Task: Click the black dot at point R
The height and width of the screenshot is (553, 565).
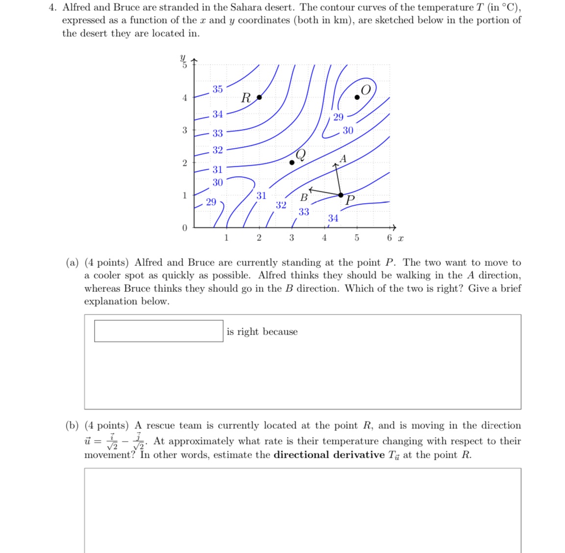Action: coord(259,97)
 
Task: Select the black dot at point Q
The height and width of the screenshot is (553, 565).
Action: coord(292,162)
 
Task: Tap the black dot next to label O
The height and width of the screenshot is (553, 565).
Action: coord(357,97)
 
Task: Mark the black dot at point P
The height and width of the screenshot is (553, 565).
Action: coord(341,195)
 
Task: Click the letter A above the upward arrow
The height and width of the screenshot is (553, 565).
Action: coord(343,158)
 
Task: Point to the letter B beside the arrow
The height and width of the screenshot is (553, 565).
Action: coord(304,198)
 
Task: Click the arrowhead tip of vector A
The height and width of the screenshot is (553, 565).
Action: coord(335,164)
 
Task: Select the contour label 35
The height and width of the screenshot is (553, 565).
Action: coord(217,89)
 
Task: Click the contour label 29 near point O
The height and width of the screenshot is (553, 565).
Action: coord(338,117)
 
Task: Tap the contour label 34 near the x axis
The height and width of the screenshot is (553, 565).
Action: coord(333,218)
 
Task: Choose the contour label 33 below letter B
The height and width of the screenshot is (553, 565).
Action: coord(304,211)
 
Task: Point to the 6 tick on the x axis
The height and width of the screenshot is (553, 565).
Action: coord(389,238)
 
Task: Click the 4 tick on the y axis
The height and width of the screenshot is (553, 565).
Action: coord(185,98)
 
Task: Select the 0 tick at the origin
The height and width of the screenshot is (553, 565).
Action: coord(184,228)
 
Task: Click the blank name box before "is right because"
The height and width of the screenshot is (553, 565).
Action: coord(158,331)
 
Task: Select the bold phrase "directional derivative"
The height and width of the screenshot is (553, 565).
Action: coord(329,454)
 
